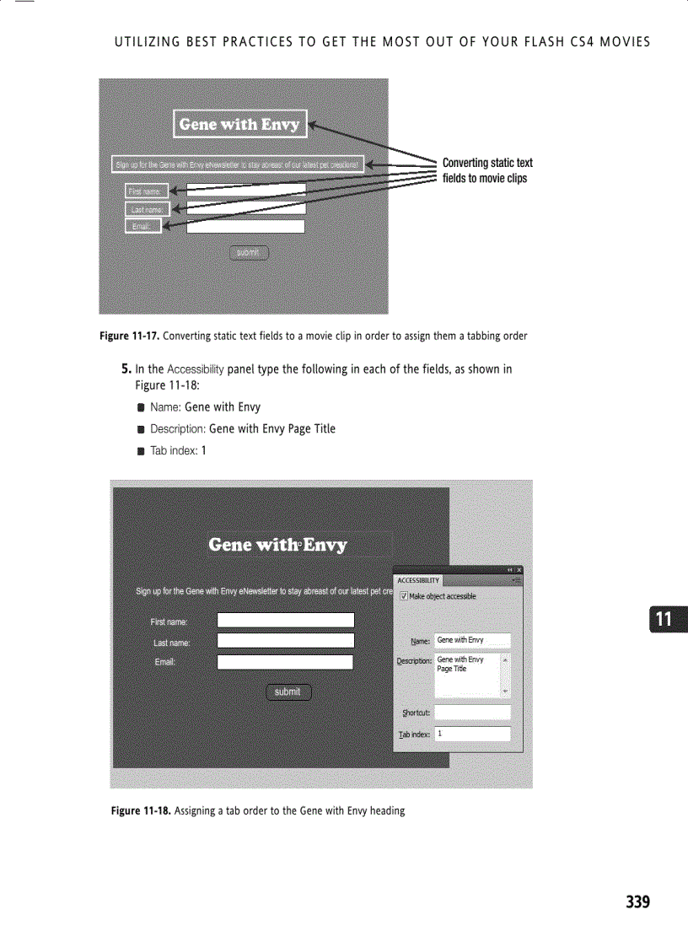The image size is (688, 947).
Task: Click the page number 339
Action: tap(637, 902)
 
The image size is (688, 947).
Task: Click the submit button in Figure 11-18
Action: tap(288, 692)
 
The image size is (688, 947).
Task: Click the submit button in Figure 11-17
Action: tap(248, 252)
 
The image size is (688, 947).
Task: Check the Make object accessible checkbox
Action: tap(404, 596)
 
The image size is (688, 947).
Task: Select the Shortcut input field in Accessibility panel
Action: tap(472, 713)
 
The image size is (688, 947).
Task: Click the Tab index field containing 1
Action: tap(472, 734)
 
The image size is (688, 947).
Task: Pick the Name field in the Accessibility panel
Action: tap(472, 641)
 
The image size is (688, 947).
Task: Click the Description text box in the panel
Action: tap(467, 674)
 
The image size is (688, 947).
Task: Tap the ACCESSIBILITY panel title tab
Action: tap(418, 580)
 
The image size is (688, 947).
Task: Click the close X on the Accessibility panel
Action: tap(519, 571)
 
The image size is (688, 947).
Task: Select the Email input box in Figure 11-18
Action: tap(285, 662)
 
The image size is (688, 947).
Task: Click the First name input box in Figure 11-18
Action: tap(285, 621)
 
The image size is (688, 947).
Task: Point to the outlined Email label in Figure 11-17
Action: tap(142, 226)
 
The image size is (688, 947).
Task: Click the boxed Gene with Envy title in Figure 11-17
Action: tap(240, 124)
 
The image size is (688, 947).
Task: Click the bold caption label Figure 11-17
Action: tap(129, 336)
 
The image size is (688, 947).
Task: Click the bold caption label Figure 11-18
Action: tap(141, 811)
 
